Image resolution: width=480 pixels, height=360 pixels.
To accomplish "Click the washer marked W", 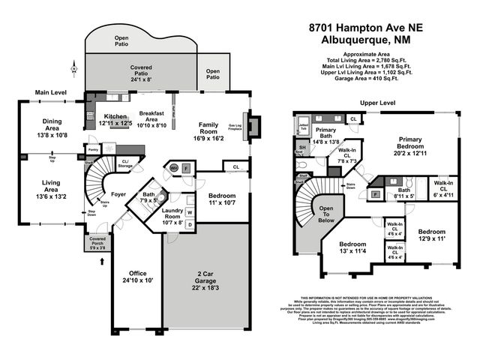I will tap(190, 212).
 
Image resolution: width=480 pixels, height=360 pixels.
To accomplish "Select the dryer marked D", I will tap(190, 223).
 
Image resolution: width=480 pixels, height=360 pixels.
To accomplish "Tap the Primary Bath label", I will tap(326, 133).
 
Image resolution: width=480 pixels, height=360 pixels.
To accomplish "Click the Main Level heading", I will tap(51, 93).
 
